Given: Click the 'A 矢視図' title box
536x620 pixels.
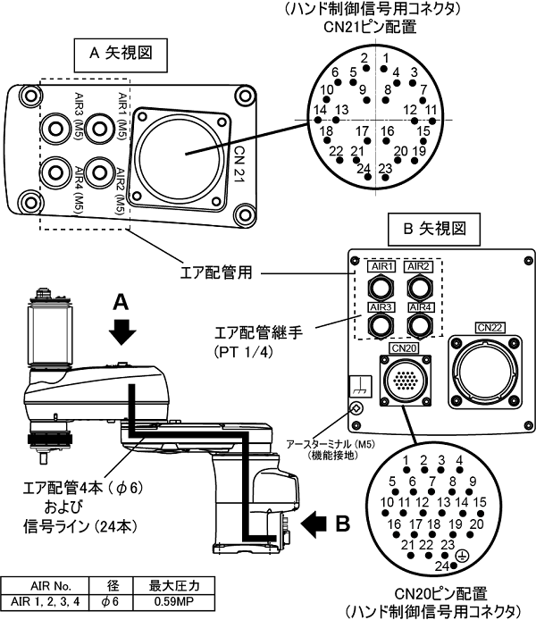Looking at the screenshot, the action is [x=121, y=55].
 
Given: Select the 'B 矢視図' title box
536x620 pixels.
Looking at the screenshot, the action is [x=433, y=230].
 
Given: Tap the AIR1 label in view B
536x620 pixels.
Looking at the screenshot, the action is [x=381, y=266].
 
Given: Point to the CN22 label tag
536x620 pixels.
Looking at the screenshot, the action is [x=490, y=328].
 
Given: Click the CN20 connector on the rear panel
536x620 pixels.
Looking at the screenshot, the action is [x=406, y=381].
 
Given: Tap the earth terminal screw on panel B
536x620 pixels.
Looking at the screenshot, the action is [x=356, y=408].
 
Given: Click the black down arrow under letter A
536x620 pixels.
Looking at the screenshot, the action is [x=122, y=331].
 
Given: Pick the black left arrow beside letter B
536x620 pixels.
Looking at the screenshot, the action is [x=314, y=524].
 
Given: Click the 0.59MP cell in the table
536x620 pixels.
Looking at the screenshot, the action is [x=174, y=601].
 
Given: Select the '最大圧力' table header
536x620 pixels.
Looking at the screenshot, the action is [x=174, y=585].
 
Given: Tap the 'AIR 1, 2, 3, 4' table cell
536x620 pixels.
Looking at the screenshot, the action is [x=45, y=601].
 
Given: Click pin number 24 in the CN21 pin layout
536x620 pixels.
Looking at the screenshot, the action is [x=364, y=170].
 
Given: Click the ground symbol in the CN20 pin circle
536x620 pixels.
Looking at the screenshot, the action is [x=462, y=556].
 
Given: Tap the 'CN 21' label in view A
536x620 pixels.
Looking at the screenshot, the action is [x=239, y=164].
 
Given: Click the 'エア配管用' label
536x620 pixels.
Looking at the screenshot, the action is [x=216, y=272].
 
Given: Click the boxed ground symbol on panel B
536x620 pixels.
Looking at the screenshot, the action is [x=361, y=386].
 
